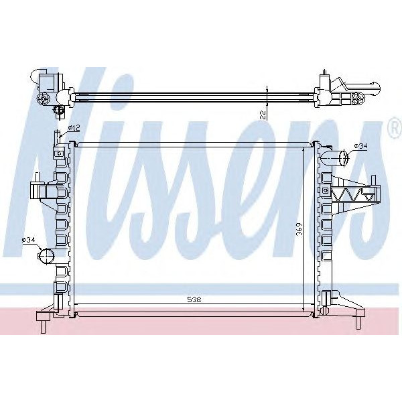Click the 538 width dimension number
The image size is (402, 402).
coord(194,299)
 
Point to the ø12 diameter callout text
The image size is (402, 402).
coord(74,127)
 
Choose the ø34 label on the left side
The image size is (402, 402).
coord(28,239)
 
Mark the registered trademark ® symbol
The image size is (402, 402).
coord(392,127)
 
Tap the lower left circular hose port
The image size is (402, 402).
coord(45,256)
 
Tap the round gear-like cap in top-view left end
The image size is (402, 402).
coord(45,98)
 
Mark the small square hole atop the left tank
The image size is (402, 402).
coord(59,153)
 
